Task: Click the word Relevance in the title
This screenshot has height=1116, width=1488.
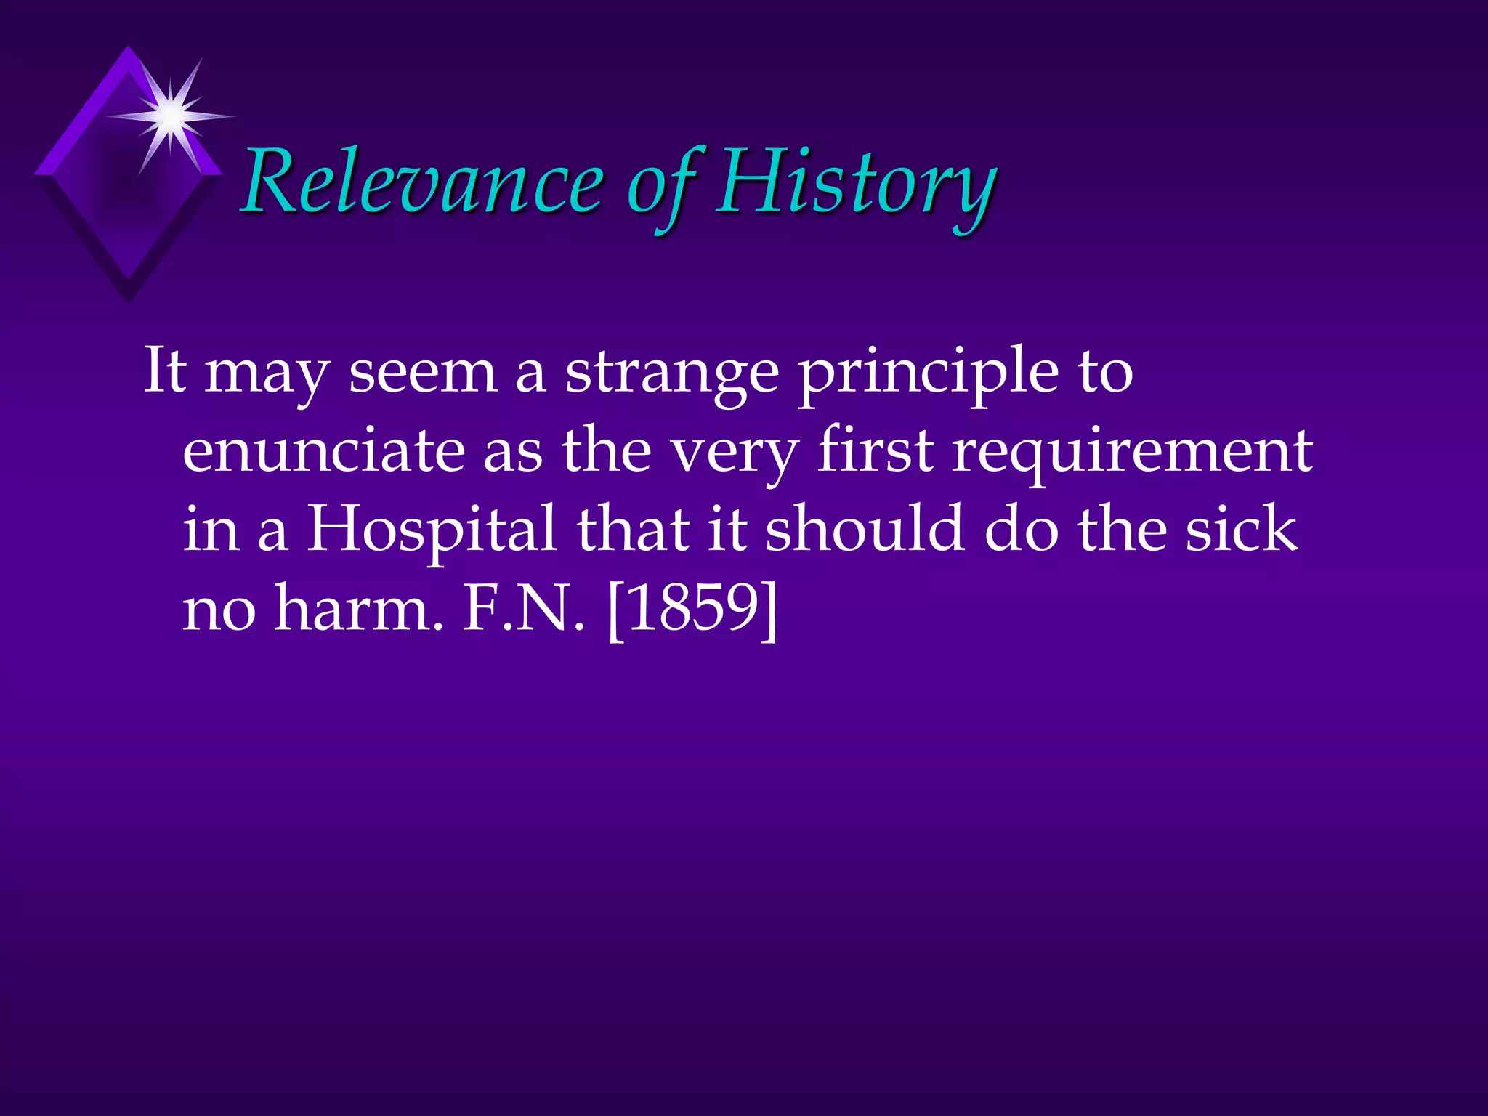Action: click(x=421, y=182)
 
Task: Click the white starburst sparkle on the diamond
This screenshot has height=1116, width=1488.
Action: click(x=171, y=115)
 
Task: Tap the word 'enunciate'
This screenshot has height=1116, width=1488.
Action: click(x=323, y=450)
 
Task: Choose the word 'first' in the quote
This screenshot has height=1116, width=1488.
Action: click(x=875, y=450)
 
